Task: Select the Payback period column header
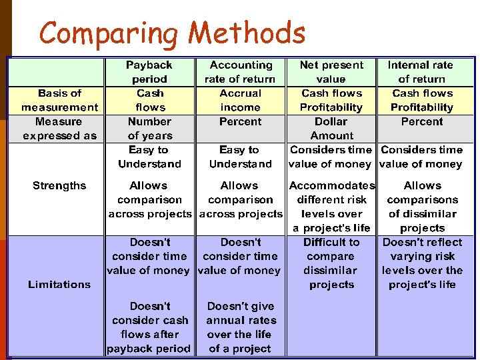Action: (149, 72)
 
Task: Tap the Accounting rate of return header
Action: (240, 72)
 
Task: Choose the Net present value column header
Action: (331, 72)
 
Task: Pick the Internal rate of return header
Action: (421, 72)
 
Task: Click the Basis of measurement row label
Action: (59, 100)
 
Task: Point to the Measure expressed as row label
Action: (59, 129)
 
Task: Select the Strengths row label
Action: (59, 185)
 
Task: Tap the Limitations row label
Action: (59, 284)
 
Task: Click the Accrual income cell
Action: (240, 100)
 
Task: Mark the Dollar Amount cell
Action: (331, 129)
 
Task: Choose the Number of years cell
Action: (149, 129)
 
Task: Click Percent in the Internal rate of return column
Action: (421, 121)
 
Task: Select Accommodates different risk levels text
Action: (331, 207)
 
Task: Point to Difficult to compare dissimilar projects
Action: (331, 263)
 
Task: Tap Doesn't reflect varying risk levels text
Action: (421, 263)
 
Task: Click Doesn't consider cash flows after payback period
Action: (149, 327)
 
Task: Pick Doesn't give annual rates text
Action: (240, 327)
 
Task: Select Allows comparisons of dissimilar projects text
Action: (421, 207)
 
